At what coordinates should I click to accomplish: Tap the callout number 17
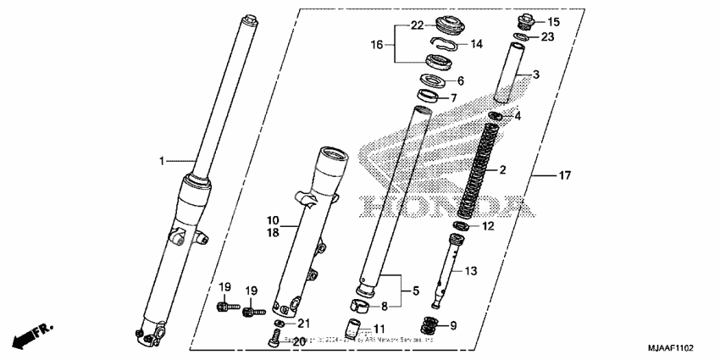tap(564, 175)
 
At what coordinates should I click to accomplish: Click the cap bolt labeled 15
tap(524, 19)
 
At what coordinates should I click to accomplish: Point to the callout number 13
tap(471, 270)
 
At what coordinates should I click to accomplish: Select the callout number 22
tap(417, 25)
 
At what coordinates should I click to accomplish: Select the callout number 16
tap(378, 43)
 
